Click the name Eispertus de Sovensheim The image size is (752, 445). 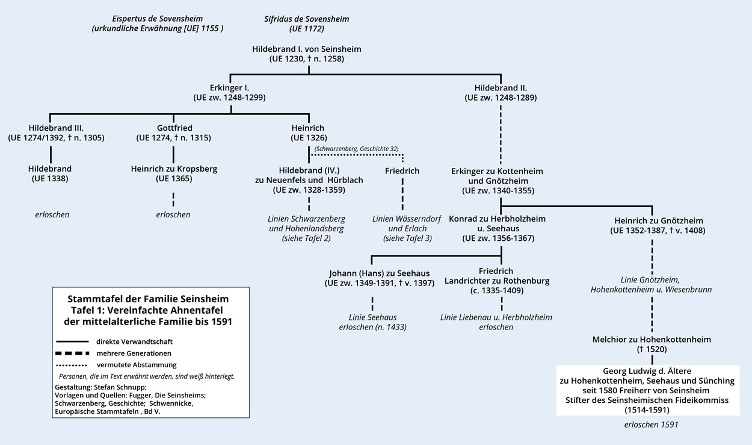pos(157,19)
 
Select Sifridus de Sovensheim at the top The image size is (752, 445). pos(307,19)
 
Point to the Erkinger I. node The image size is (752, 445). pos(229,87)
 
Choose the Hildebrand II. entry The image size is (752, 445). pos(501,87)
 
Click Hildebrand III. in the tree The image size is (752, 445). pos(56,128)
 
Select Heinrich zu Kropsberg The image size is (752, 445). pos(173,169)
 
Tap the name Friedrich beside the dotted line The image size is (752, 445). pos(402,171)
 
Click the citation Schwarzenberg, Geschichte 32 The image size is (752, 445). pos(356,149)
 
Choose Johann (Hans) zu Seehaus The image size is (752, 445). pos(379,272)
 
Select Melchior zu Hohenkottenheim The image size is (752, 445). pos(652,340)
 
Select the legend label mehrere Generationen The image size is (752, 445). pos(134,353)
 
